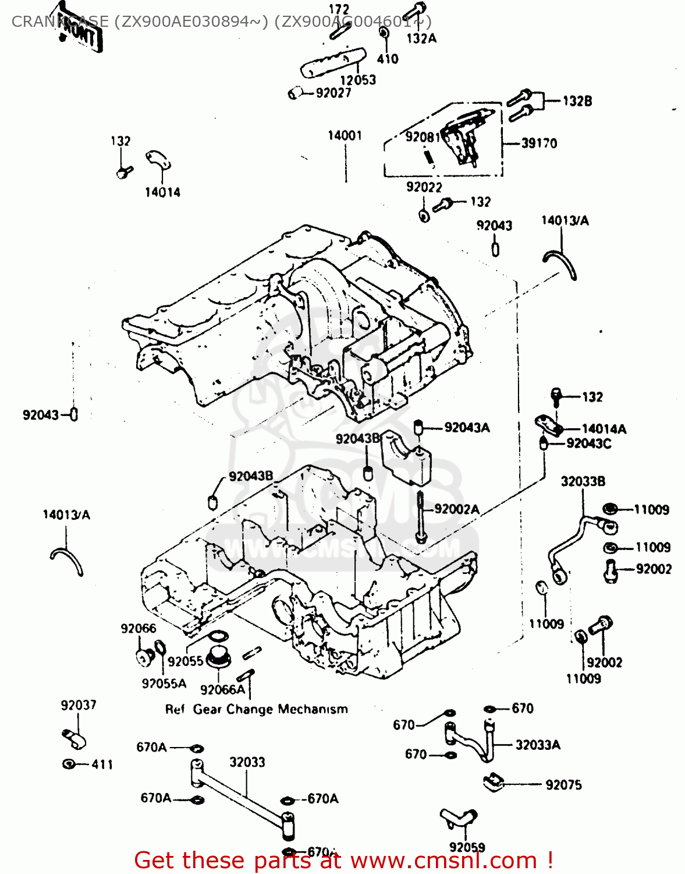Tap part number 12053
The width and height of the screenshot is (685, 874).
click(x=358, y=80)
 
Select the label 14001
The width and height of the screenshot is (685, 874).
click(x=345, y=136)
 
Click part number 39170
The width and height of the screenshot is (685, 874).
click(x=539, y=143)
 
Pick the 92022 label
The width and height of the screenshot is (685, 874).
click(x=424, y=187)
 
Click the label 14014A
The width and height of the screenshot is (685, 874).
click(x=604, y=429)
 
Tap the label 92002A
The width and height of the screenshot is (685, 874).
click(x=457, y=509)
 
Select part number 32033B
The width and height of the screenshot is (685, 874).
click(x=583, y=481)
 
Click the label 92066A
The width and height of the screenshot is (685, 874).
click(x=222, y=690)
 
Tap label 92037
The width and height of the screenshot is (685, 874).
click(x=79, y=706)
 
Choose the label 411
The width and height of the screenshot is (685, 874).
click(x=102, y=764)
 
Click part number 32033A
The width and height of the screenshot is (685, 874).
click(x=538, y=745)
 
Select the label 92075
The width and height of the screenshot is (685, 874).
click(x=563, y=785)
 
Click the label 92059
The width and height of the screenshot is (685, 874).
click(x=467, y=847)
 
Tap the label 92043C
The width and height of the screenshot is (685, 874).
click(x=588, y=444)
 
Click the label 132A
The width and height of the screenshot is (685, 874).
click(x=421, y=38)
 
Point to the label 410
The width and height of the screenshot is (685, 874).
click(x=388, y=59)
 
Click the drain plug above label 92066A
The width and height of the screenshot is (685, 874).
click(x=218, y=656)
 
